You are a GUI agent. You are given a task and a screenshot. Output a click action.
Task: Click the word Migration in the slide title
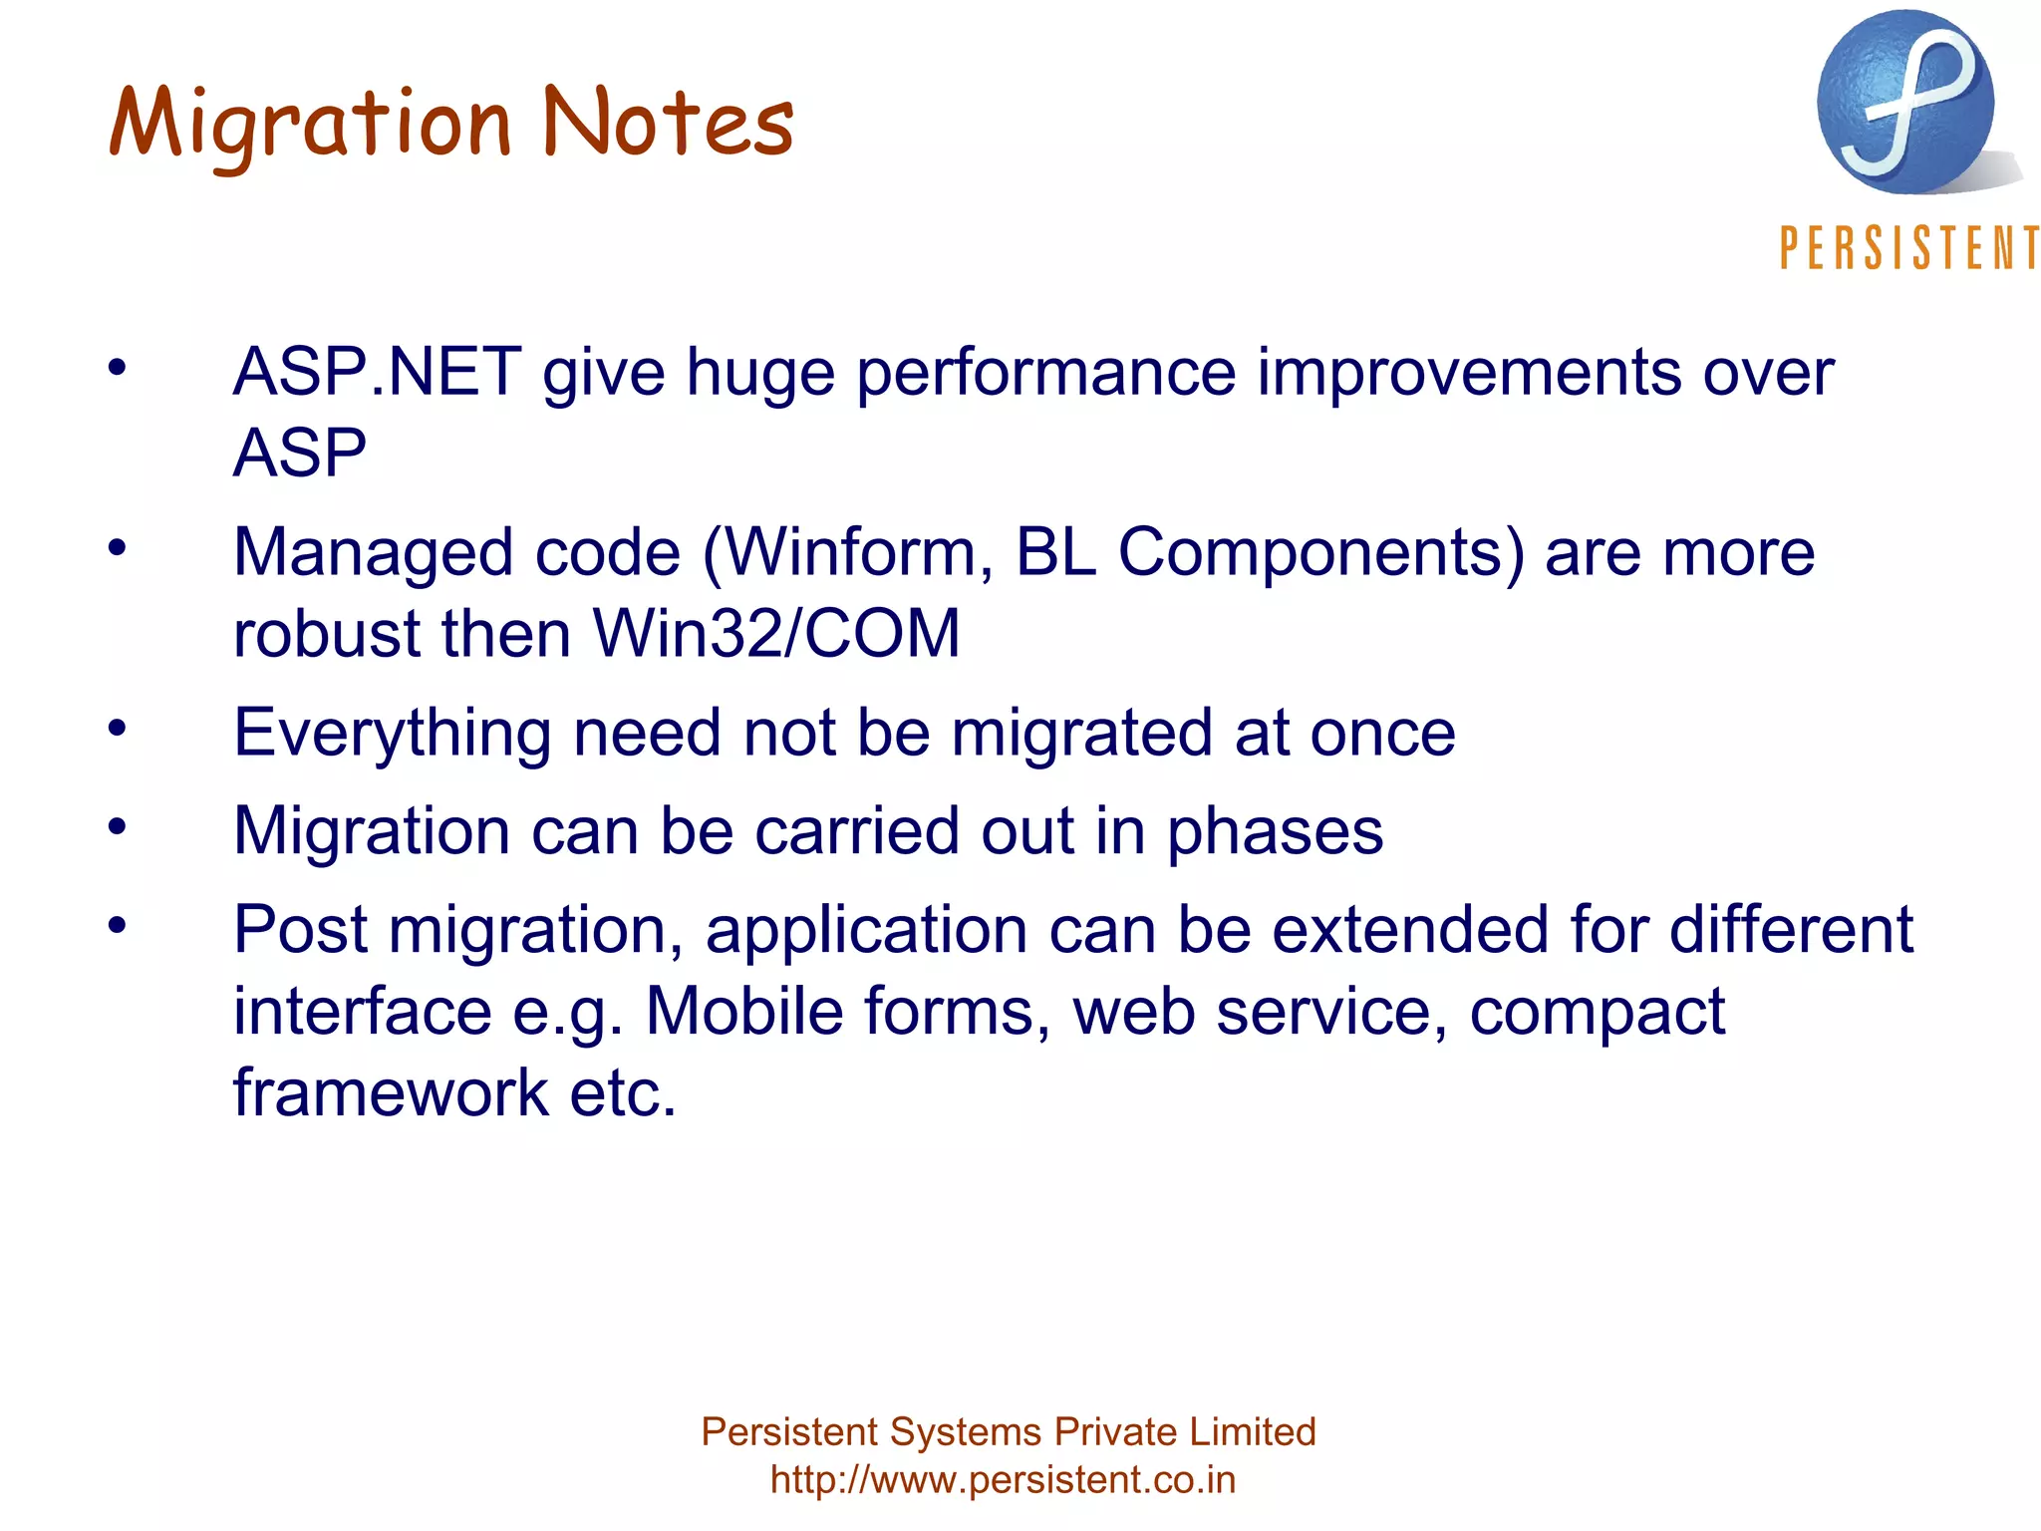click(x=309, y=125)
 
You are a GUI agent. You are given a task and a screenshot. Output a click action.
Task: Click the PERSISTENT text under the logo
click(x=1908, y=248)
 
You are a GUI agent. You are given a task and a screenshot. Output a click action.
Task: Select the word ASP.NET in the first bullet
click(x=377, y=373)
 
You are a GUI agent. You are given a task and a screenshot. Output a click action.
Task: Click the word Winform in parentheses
click(x=847, y=553)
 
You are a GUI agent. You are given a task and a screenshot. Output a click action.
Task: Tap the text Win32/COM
click(x=777, y=634)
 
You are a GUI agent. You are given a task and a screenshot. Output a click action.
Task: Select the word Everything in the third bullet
click(x=392, y=734)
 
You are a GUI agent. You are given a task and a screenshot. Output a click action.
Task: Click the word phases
click(x=1275, y=832)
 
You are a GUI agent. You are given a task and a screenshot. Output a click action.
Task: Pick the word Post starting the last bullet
click(x=300, y=930)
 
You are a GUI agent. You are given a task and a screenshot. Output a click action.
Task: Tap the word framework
click(x=391, y=1092)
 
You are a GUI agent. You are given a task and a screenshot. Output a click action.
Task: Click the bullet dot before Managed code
click(x=118, y=547)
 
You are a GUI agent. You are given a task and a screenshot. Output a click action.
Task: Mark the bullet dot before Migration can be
click(x=118, y=826)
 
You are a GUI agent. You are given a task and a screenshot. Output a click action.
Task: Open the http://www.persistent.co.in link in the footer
click(x=1003, y=1480)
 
